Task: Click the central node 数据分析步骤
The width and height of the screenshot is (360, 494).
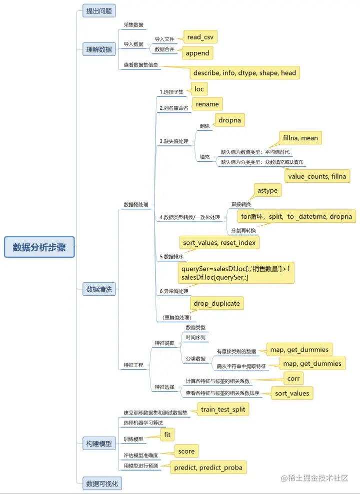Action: point(39,247)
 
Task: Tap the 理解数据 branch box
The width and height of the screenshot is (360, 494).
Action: point(99,48)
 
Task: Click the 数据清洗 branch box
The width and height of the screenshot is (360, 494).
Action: point(99,289)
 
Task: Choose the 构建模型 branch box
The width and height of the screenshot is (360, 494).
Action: point(99,443)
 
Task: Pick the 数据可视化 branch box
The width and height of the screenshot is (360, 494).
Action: point(102,483)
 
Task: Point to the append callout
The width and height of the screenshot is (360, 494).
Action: point(197,53)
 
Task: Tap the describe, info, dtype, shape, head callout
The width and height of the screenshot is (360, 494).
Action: point(244,73)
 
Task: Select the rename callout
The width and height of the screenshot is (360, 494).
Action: point(206,103)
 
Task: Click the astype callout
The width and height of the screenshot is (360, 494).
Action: point(267,190)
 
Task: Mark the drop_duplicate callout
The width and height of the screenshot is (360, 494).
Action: point(216,303)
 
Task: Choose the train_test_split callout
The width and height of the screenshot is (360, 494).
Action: point(223,410)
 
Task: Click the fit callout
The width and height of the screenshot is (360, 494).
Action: point(167,435)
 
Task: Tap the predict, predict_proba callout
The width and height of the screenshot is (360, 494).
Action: point(208,468)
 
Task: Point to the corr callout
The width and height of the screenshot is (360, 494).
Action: point(293,378)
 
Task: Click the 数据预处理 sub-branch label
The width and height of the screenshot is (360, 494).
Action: point(135,205)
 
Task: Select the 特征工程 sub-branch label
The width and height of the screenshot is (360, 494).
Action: point(133,365)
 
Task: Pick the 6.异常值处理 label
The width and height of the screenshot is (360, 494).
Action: point(173,291)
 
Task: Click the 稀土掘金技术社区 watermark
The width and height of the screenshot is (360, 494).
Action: point(314,478)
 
